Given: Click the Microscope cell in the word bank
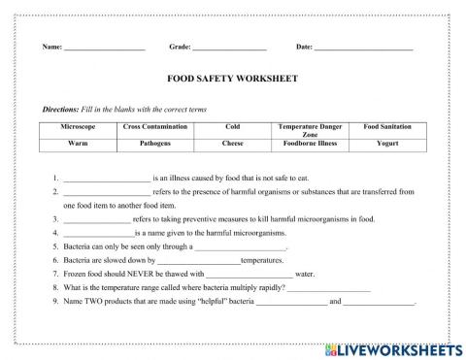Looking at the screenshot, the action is coord(78,127).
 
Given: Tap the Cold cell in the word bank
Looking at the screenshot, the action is coord(232,127).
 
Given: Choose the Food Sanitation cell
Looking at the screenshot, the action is coord(387,127).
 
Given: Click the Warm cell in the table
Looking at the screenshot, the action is coord(78,143).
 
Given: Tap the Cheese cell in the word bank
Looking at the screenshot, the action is coord(232,143).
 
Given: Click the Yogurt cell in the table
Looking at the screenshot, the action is coord(387,143).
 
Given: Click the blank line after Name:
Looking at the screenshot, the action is coord(104,48).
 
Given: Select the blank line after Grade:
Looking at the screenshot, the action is coord(229,48).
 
